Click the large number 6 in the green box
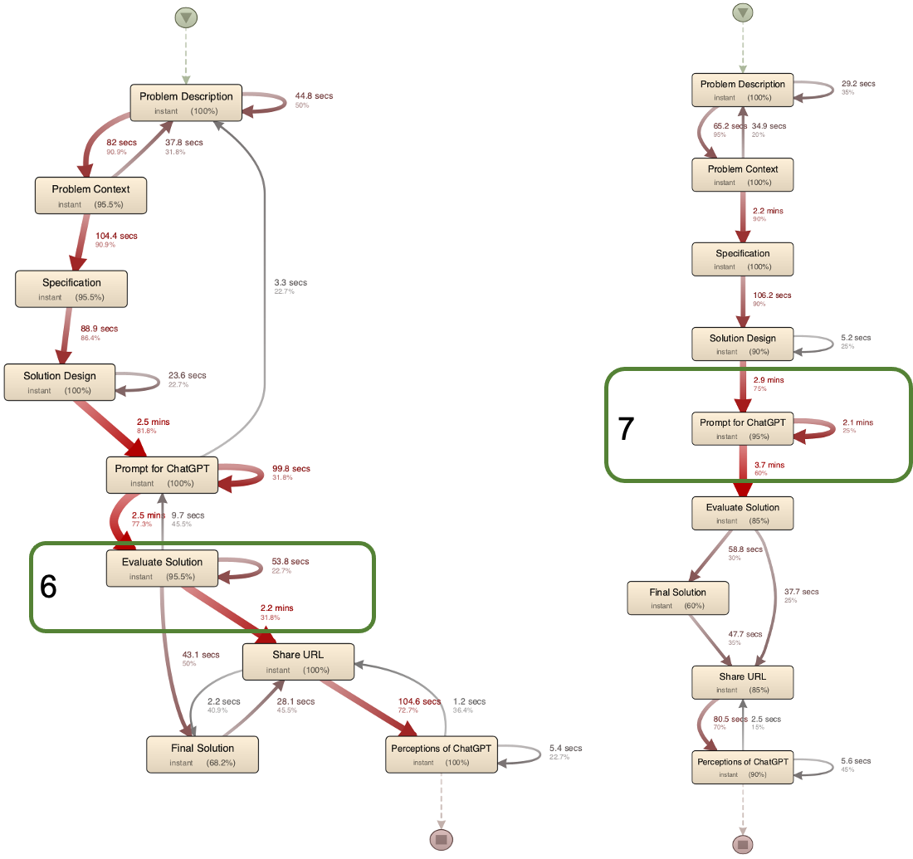(49, 587)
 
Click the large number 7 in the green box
(627, 428)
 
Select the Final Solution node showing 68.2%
(203, 754)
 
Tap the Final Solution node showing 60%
(678, 598)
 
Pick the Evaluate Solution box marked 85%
(743, 513)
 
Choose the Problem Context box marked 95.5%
(90, 195)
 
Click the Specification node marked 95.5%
(71, 289)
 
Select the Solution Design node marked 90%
(743, 344)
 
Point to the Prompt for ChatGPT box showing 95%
(743, 428)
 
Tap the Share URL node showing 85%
(743, 682)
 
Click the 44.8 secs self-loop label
(314, 95)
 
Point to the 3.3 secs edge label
(290, 283)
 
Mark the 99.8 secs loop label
(291, 468)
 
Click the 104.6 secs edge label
(419, 701)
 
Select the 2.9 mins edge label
(767, 380)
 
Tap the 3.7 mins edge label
(768, 465)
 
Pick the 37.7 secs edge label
(802, 592)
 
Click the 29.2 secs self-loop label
(858, 83)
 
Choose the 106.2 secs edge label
(772, 295)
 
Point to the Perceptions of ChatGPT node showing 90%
(743, 767)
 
